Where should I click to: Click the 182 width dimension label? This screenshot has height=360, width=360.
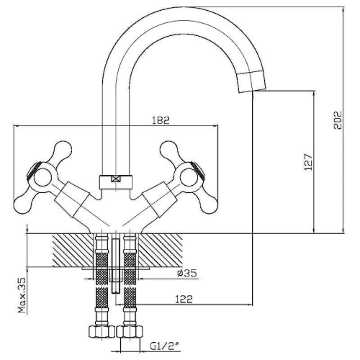[161, 120]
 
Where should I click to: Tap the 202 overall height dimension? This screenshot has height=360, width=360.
[337, 120]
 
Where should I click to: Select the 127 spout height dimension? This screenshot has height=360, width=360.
[308, 162]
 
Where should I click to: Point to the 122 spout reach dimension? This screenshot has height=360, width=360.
[184, 300]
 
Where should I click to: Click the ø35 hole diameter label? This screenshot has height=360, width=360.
[187, 273]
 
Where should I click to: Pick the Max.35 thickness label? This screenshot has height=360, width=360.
[22, 295]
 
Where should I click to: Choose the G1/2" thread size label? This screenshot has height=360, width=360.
[165, 346]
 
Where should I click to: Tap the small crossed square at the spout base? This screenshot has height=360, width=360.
[115, 179]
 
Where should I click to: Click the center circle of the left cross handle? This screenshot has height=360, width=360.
[42, 179]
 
